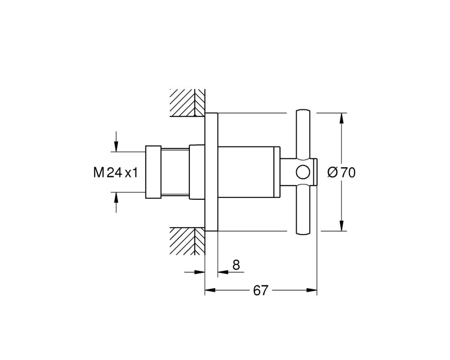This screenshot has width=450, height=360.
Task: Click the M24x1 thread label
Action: (116, 172)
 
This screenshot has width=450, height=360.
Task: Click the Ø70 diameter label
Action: (342, 172)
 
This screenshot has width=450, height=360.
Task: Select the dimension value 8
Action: (236, 265)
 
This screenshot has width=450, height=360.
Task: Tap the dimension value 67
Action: (261, 291)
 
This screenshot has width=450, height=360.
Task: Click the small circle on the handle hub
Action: (303, 172)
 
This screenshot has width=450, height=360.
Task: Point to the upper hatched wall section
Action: (187, 103)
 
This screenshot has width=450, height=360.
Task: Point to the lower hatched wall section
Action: (187, 241)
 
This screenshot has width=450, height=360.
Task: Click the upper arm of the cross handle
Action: (303, 134)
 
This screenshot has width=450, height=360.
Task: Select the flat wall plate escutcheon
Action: (211, 172)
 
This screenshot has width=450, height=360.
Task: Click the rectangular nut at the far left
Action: (153, 172)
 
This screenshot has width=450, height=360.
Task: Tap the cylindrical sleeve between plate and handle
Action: (248, 172)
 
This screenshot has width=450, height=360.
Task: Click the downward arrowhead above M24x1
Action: (116, 146)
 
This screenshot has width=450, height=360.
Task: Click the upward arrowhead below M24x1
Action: (116, 198)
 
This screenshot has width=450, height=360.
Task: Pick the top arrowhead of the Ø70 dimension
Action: (341, 118)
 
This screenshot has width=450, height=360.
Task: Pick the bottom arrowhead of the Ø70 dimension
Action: (341, 225)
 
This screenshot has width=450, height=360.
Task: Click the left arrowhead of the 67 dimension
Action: (210, 291)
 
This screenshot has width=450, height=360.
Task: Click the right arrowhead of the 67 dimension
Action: (312, 291)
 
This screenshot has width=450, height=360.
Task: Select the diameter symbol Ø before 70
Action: (333, 172)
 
